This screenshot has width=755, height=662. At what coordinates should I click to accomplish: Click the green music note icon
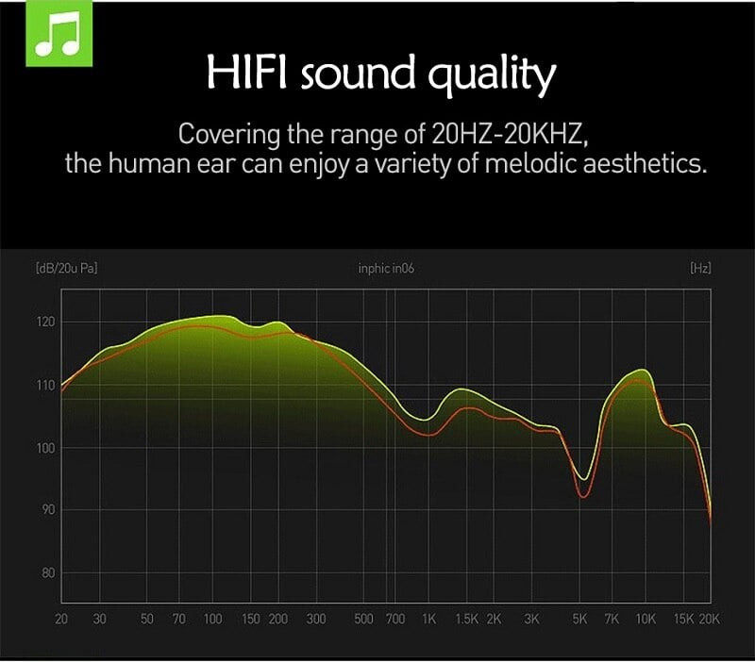(59, 34)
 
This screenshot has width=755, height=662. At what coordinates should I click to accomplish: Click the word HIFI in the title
(246, 72)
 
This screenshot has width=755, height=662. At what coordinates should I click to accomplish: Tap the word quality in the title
(492, 74)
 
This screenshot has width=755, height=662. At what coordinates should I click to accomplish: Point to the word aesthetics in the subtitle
(645, 163)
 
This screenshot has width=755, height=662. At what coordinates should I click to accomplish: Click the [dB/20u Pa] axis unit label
(66, 268)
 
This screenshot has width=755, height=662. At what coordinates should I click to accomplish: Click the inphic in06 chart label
(386, 268)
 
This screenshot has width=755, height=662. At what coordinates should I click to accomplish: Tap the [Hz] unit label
(700, 268)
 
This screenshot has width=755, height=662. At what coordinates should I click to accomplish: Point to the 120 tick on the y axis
(45, 322)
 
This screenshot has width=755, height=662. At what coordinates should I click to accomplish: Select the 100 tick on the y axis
(45, 448)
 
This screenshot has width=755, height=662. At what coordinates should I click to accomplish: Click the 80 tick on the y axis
(48, 573)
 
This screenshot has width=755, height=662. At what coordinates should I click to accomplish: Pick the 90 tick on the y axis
(48, 510)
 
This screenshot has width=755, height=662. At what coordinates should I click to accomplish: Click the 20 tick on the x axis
(61, 619)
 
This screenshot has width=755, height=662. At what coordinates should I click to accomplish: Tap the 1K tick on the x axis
(428, 619)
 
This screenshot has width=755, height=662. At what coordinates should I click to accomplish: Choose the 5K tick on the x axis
(579, 619)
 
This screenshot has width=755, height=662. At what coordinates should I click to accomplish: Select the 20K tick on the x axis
(709, 619)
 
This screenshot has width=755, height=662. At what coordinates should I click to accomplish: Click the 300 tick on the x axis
(316, 619)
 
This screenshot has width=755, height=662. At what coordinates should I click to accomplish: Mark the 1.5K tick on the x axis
(466, 619)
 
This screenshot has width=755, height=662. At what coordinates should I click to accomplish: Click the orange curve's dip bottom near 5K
(582, 497)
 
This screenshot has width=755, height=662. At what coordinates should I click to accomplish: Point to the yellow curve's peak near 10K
(643, 370)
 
